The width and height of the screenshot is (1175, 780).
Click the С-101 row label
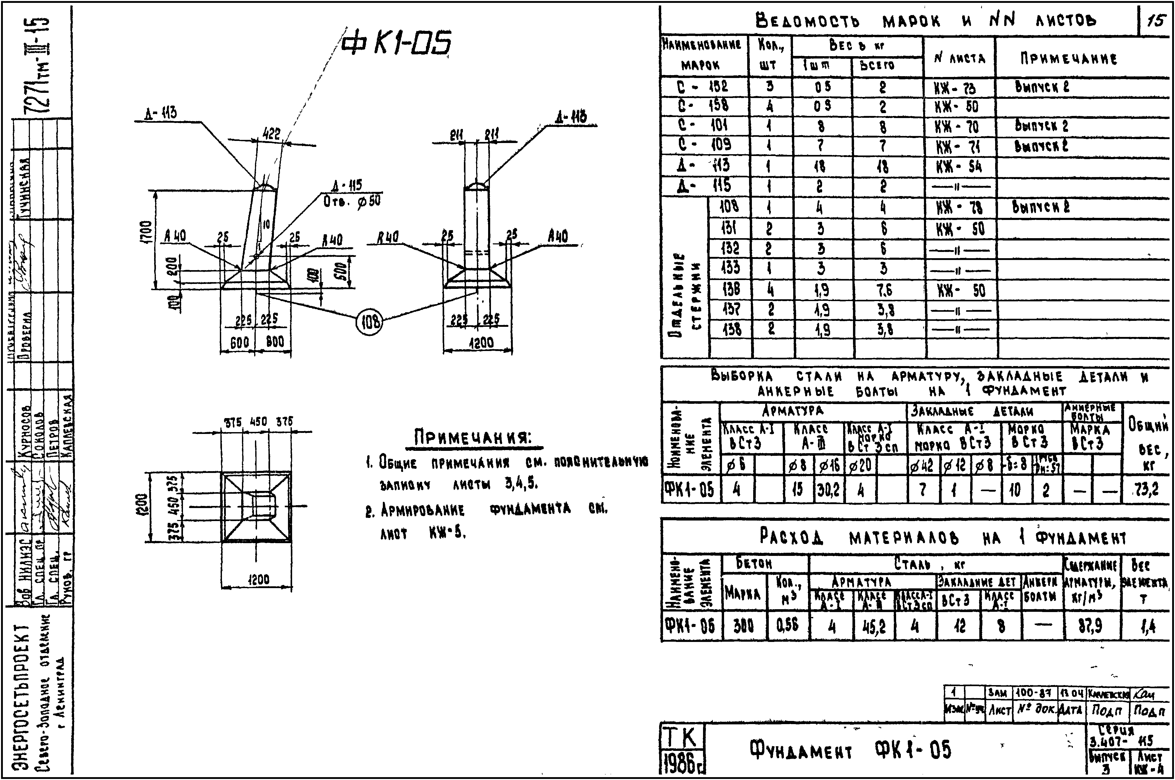click(703, 125)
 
